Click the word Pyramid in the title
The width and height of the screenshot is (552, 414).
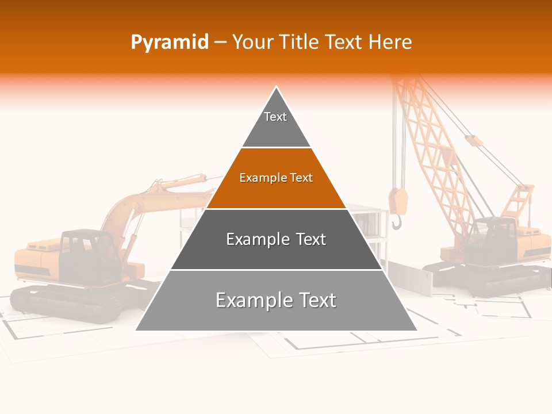point(170,42)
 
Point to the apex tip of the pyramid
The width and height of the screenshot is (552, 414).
point(277,88)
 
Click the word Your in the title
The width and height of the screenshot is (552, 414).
point(253,42)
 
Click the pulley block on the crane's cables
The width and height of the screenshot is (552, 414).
point(473,140)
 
